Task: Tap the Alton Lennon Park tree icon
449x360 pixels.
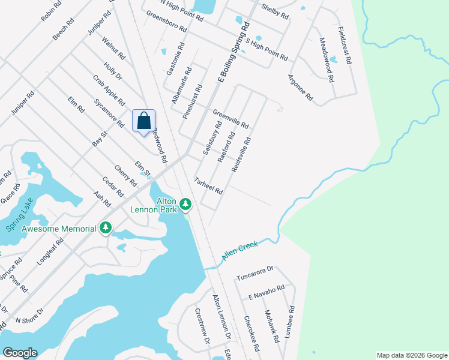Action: (186, 205)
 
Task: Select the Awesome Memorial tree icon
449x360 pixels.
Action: (106, 227)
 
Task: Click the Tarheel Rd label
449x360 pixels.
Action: (208, 186)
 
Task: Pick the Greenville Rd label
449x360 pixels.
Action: (231, 118)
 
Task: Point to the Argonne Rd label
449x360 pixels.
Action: (300, 87)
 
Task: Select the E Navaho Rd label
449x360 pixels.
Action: (266, 293)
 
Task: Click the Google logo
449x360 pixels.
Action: (20, 353)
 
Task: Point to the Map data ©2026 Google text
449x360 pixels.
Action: (411, 355)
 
